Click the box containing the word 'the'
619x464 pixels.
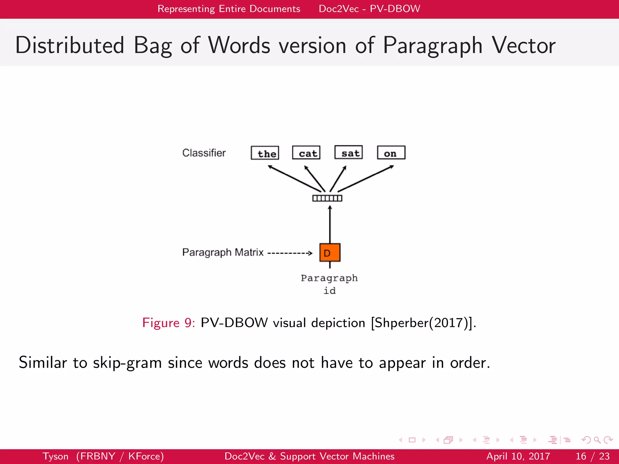tap(265, 153)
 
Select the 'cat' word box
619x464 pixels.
tap(306, 153)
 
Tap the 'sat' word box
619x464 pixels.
tap(348, 152)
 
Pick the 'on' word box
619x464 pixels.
tap(391, 153)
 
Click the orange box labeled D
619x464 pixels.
tap(330, 253)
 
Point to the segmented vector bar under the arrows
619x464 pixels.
tap(327, 198)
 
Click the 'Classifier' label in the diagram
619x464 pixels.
tap(204, 153)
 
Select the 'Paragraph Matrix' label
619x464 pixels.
tap(223, 252)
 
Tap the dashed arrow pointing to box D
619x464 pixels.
tap(290, 253)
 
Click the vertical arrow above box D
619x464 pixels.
tap(330, 224)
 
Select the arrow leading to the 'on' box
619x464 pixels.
tap(366, 179)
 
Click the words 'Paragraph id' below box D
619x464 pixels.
tap(329, 284)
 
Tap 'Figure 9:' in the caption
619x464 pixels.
tap(169, 323)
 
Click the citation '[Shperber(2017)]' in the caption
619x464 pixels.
tap(423, 323)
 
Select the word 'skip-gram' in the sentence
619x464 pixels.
tap(127, 362)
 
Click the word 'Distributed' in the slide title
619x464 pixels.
tap(70, 45)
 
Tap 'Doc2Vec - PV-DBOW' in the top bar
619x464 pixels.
tap(369, 9)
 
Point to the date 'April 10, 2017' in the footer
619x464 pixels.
tap(518, 456)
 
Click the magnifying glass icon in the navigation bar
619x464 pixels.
tap(597, 440)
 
